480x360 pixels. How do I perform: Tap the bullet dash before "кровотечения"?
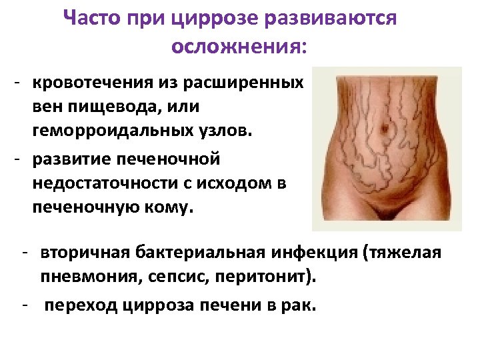click(22, 83)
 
